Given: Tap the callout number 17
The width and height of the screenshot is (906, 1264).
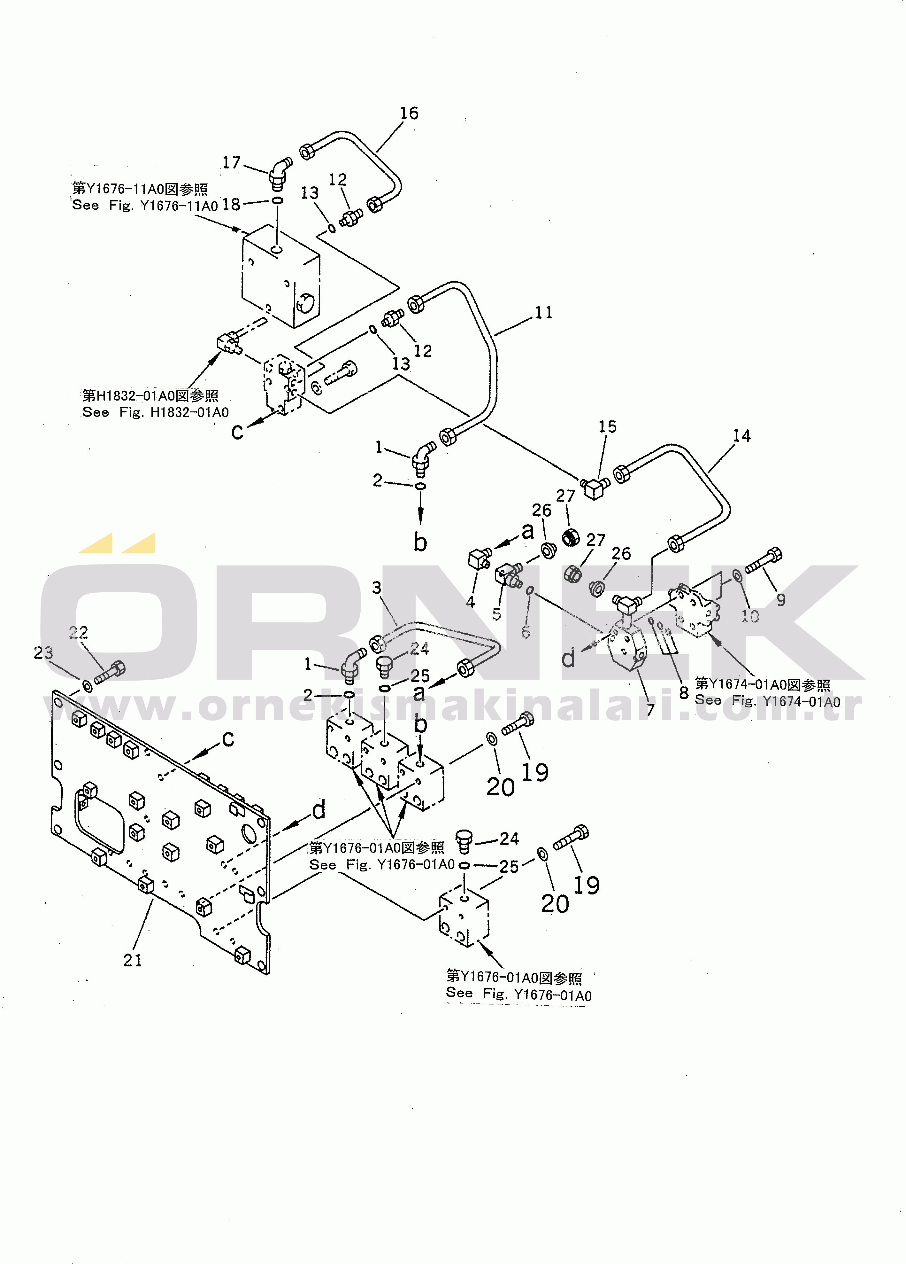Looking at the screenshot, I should pos(231,163).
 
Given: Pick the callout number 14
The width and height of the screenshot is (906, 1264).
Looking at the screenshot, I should pos(741,436).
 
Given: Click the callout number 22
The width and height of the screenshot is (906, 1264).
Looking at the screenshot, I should pos(78,633).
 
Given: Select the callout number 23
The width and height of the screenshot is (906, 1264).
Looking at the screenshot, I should pos(43,653).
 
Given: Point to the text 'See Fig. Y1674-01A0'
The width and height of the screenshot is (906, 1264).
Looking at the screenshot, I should pos(767,701).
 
